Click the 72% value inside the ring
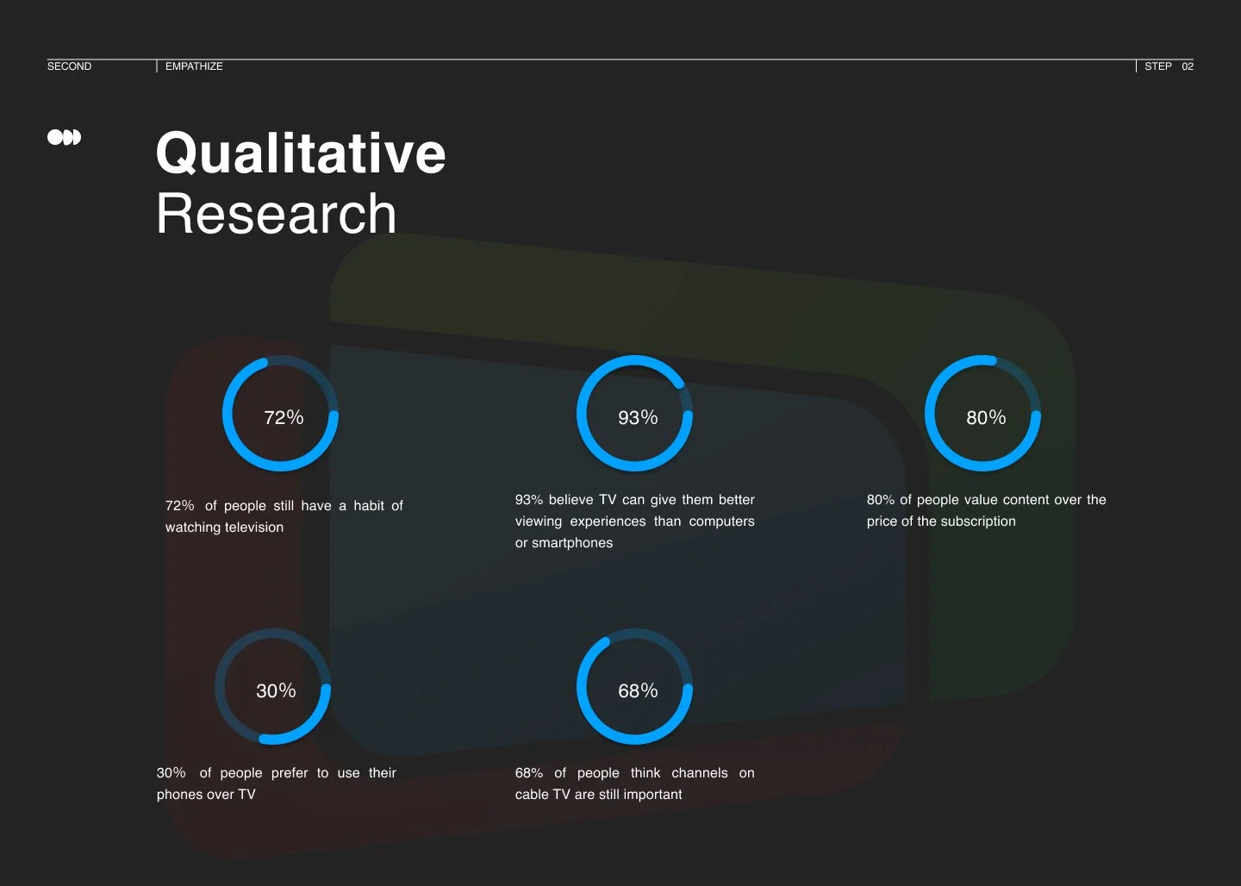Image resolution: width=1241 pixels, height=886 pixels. tap(284, 418)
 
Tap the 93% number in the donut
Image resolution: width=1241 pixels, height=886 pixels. tap(638, 418)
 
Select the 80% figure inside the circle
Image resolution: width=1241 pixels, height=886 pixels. tap(986, 418)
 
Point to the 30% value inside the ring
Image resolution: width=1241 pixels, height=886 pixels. tap(276, 691)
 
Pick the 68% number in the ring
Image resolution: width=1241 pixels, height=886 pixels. tap(638, 691)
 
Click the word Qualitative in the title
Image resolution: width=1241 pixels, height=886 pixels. tap(301, 153)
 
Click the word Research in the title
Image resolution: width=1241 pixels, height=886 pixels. tap(276, 214)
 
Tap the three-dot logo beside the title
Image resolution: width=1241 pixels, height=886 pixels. tap(64, 137)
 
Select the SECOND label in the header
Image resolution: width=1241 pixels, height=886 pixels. tap(69, 66)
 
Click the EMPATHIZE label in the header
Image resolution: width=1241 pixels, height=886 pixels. tap(194, 66)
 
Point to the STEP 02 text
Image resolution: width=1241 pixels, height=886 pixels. tap(1169, 66)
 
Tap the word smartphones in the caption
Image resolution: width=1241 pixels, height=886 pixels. tap(572, 543)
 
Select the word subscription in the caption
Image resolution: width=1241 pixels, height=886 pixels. tap(976, 521)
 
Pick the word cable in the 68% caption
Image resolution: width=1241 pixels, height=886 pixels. tap(531, 795)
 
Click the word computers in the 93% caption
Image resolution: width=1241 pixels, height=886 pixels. tap(721, 521)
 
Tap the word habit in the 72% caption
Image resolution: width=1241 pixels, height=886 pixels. tap(369, 506)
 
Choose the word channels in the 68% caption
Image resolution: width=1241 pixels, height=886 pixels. tap(699, 773)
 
